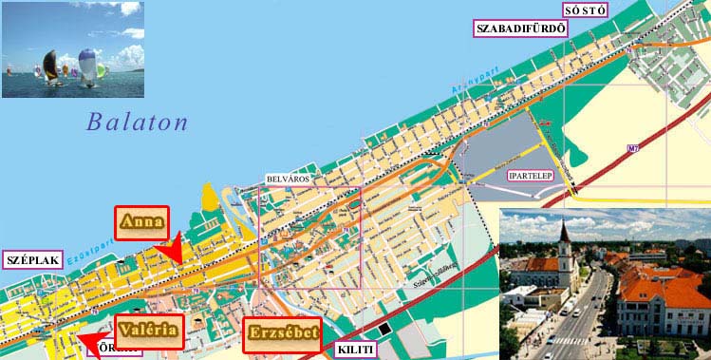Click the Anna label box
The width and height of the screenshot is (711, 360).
click(141, 224)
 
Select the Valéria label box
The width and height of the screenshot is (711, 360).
click(148, 331)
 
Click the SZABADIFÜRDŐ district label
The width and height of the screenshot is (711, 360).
click(520, 28)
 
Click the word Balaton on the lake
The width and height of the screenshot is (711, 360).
click(137, 122)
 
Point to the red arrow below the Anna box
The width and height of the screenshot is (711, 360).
click(173, 250)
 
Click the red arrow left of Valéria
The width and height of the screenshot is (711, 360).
click(90, 340)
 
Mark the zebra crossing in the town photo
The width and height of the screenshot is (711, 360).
click(571, 340)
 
